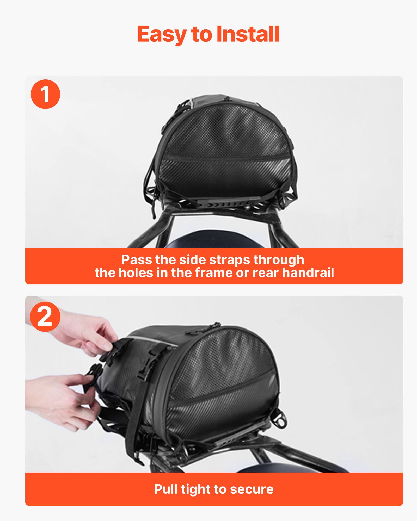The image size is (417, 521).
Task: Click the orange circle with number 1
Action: pyautogui.click(x=45, y=94)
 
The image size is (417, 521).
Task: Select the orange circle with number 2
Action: pyautogui.click(x=45, y=317)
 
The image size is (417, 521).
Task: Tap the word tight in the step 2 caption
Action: pyautogui.click(x=196, y=489)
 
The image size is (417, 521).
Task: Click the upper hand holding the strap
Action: pyautogui.click(x=89, y=336)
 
